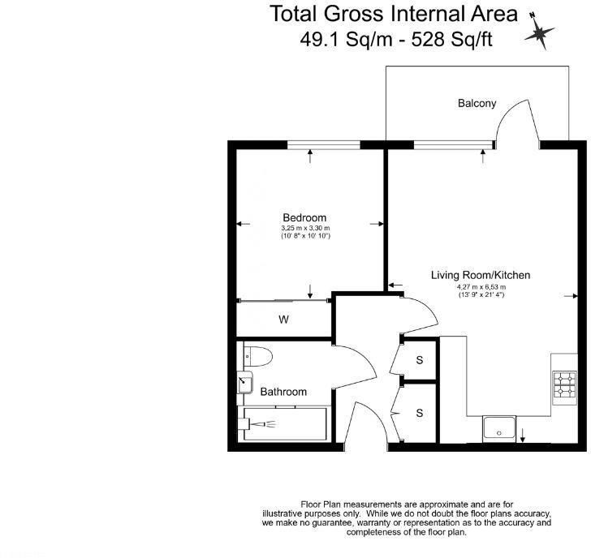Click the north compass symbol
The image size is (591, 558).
(x=539, y=32)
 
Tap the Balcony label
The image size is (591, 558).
(x=477, y=103)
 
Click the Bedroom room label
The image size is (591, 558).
(x=304, y=217)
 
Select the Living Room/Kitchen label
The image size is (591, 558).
(x=481, y=276)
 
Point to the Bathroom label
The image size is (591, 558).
(x=283, y=392)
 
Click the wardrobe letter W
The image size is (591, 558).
(x=283, y=320)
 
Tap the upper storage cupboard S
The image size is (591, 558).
(x=420, y=359)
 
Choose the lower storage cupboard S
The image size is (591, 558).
(x=420, y=413)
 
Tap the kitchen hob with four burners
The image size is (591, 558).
(x=564, y=386)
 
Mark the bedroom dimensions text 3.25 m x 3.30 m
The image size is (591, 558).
(x=304, y=229)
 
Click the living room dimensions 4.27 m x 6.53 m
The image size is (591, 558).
(x=481, y=287)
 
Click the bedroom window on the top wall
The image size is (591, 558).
(x=323, y=145)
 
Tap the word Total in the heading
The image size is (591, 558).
(x=295, y=14)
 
